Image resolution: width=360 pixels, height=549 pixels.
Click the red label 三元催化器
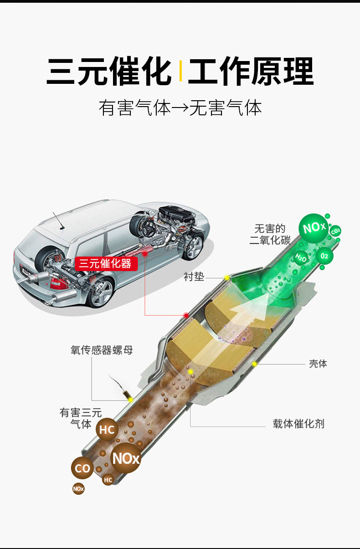click(106, 263)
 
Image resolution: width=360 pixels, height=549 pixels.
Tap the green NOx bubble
click(314, 227)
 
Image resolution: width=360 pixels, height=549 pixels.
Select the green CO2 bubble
click(335, 232)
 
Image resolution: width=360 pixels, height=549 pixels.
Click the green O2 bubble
click(324, 256)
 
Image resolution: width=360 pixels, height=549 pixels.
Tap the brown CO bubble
click(82, 468)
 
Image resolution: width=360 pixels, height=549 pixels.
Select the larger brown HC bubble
click(107, 430)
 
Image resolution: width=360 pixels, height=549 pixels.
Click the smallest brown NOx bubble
click(78, 489)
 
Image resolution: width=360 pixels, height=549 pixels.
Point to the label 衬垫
click(194, 277)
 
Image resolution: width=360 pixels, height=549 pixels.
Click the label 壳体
click(318, 364)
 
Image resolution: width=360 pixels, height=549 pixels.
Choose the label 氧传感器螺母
click(102, 350)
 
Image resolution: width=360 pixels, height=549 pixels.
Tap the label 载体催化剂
click(298, 424)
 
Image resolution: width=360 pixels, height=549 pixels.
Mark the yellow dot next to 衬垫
click(226, 277)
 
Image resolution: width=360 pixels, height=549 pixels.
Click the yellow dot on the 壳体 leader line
click(255, 364)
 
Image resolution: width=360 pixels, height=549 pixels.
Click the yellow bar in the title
click(180, 71)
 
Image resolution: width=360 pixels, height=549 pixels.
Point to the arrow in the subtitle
click(180, 109)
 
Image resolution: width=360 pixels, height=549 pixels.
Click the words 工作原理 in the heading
click(250, 71)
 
